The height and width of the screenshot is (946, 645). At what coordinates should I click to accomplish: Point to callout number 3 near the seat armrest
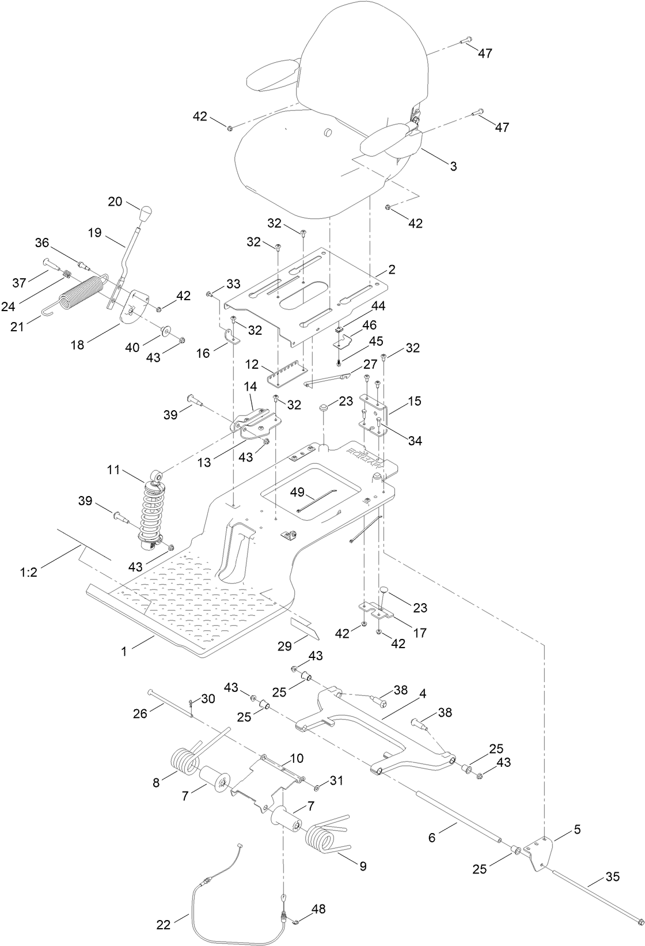tap(453, 167)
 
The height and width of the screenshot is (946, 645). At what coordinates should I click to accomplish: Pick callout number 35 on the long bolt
tap(612, 877)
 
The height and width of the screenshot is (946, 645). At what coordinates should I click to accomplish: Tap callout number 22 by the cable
tap(164, 925)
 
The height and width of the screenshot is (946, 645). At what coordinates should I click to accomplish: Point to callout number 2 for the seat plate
tap(392, 269)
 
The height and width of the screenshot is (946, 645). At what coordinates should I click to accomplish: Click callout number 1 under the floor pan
tap(123, 651)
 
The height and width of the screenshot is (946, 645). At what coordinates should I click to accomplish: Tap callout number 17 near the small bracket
tap(419, 633)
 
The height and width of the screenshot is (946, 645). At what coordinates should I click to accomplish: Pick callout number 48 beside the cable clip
tap(318, 909)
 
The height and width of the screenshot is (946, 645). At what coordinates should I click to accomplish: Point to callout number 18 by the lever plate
tap(77, 345)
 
